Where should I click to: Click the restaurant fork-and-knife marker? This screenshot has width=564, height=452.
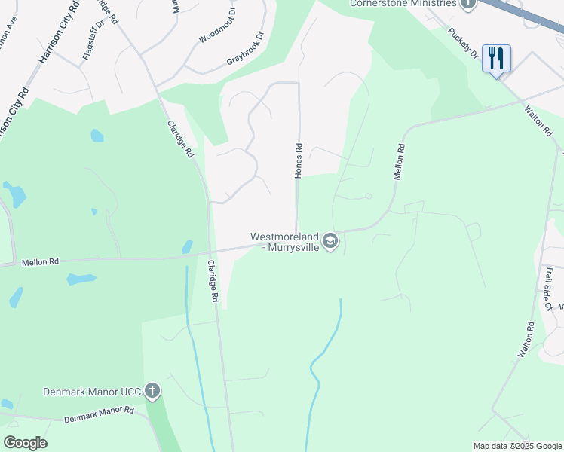[496, 57]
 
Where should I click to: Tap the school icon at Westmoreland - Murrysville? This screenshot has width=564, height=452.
[330, 242]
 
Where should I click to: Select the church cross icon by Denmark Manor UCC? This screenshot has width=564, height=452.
[152, 390]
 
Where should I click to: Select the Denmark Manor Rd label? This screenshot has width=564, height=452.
[99, 414]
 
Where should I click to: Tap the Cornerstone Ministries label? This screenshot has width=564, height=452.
[403, 3]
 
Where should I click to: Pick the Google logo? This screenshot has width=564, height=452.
[25, 443]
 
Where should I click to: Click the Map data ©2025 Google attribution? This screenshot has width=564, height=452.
[517, 446]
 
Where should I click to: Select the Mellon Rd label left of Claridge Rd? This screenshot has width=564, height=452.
[40, 262]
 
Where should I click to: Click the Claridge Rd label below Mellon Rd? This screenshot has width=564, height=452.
[213, 282]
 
